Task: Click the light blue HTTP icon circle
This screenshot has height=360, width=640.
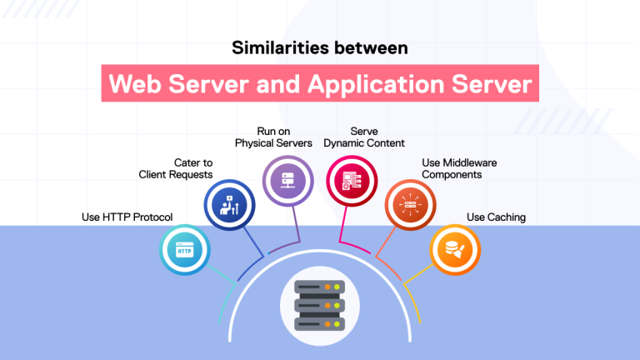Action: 184,248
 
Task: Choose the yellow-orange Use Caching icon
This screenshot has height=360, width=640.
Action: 455,248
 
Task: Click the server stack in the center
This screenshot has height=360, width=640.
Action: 320,305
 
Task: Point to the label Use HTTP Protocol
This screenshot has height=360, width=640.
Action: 127,217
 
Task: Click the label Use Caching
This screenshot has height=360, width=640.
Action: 496,217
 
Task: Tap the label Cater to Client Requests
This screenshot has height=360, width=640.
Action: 176,168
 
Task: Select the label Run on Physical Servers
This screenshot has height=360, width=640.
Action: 272,137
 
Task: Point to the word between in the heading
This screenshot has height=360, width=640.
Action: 373,48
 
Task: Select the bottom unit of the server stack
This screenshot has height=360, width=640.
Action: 320,322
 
